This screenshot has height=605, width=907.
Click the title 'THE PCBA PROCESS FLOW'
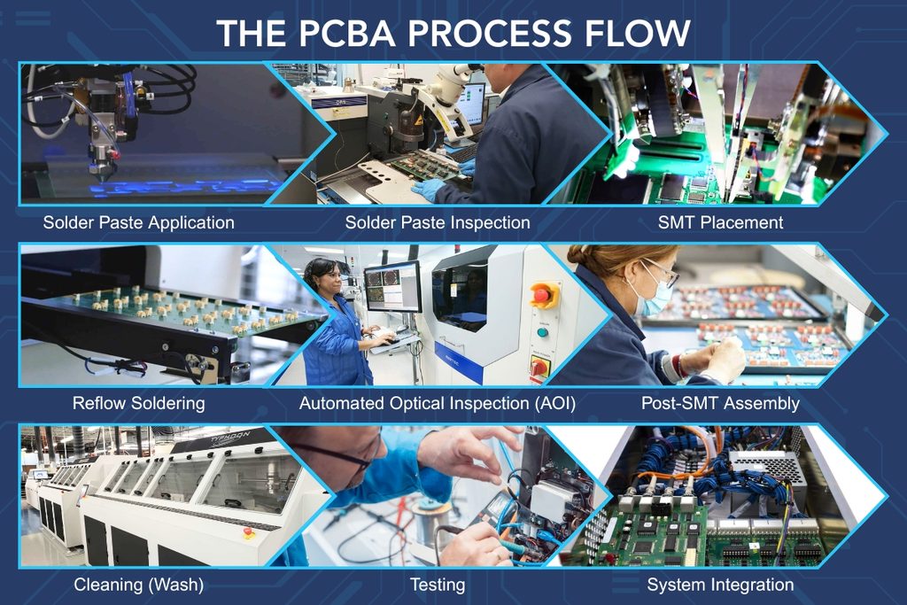click(x=453, y=33)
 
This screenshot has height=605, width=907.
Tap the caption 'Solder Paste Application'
click(x=139, y=222)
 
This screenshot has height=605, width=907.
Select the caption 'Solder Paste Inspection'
click(x=438, y=222)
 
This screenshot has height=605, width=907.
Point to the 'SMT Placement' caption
click(x=721, y=222)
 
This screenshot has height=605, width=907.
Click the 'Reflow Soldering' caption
click(x=139, y=403)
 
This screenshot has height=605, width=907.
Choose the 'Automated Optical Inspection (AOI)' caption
click(x=438, y=403)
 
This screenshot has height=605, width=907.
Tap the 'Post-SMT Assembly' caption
click(x=721, y=403)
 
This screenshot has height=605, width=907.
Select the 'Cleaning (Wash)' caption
click(x=139, y=585)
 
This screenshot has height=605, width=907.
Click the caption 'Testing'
click(x=438, y=585)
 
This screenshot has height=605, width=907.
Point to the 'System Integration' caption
click(x=721, y=585)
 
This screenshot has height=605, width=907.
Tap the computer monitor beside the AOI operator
click(x=392, y=287)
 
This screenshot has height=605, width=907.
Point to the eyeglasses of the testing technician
click(x=346, y=454)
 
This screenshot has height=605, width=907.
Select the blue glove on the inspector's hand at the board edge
click(x=429, y=190)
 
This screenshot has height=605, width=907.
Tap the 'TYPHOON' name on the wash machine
click(x=230, y=437)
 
